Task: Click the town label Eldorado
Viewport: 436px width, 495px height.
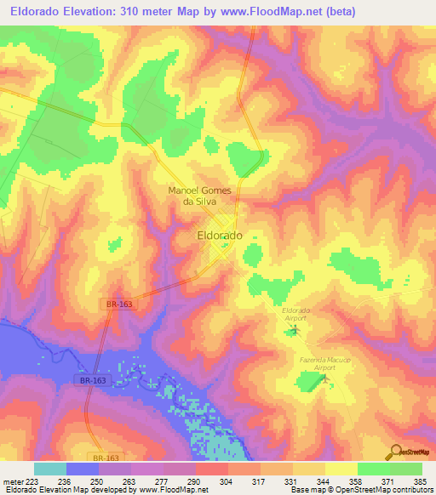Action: pos(220,234)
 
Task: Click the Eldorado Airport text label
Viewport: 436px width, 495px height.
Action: pos(295,314)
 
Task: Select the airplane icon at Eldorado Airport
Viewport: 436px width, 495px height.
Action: pos(295,329)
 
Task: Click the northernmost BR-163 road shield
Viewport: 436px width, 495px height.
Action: pos(122,303)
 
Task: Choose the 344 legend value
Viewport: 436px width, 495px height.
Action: pos(322,481)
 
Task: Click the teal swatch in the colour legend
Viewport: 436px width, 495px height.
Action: pos(50,469)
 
